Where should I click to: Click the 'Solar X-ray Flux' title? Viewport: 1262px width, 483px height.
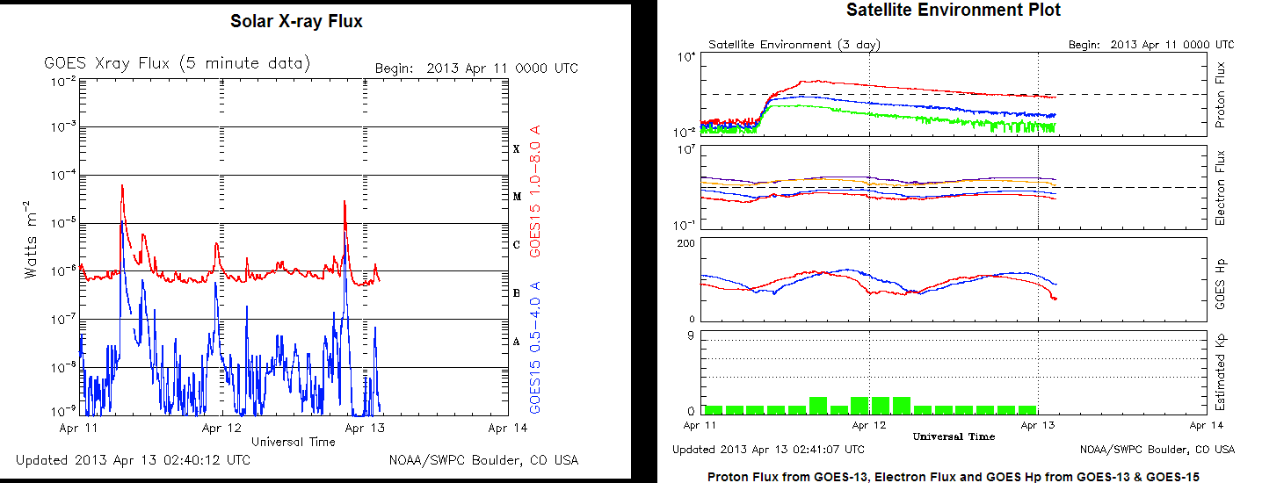pyautogui.click(x=296, y=21)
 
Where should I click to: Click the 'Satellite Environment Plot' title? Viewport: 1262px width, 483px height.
pyautogui.click(x=954, y=11)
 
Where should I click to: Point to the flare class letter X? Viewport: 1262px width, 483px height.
pyautogui.click(x=517, y=149)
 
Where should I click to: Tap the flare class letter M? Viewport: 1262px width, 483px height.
pyautogui.click(x=517, y=197)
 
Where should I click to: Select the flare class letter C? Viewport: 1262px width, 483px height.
pyautogui.click(x=517, y=245)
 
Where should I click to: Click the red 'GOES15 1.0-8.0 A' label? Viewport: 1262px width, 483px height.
pyautogui.click(x=535, y=191)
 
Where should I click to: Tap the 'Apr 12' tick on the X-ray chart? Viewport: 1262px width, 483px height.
pyautogui.click(x=221, y=429)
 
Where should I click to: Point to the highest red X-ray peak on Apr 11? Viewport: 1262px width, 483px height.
pyautogui.click(x=121, y=186)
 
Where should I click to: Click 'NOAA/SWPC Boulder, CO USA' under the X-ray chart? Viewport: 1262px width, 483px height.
pyautogui.click(x=483, y=460)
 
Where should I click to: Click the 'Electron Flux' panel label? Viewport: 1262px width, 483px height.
pyautogui.click(x=1220, y=187)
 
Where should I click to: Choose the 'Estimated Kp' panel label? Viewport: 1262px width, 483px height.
pyautogui.click(x=1220, y=373)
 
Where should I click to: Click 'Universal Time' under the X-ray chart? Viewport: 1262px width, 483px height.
pyautogui.click(x=293, y=442)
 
